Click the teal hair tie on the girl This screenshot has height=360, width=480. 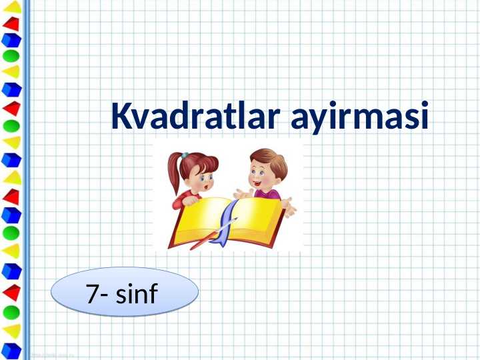pyautogui.click(x=185, y=155)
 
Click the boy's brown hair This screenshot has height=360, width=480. pyautogui.click(x=270, y=160)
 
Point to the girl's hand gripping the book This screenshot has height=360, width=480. pyautogui.click(x=190, y=199)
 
